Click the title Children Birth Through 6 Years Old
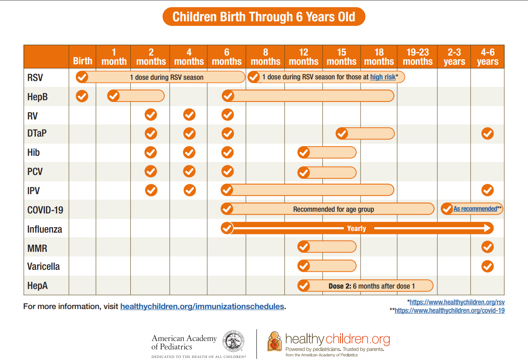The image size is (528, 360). tap(264, 17)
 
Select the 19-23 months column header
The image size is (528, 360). tap(417, 57)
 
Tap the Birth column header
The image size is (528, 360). tap(82, 61)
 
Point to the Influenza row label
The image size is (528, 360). tap(45, 229)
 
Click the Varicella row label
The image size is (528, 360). tap(43, 266)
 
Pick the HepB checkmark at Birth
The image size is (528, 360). tap(82, 96)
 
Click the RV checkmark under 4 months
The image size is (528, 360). tap(189, 114)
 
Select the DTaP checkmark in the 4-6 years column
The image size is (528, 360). tap(487, 134)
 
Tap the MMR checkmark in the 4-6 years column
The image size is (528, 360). tap(487, 247)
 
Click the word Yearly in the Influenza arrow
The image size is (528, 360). tap(356, 228)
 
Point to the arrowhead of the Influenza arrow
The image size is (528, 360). tap(488, 228)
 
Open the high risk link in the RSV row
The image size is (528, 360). tap(383, 77)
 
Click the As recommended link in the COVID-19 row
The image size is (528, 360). tap(475, 209)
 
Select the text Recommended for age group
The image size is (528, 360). tap(333, 209)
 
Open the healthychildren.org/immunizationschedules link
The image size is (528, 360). tap(202, 307)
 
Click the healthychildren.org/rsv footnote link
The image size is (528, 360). tap(457, 302)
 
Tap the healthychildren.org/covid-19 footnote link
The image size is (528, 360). tap(449, 311)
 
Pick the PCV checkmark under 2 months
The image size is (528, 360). tap(151, 171)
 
